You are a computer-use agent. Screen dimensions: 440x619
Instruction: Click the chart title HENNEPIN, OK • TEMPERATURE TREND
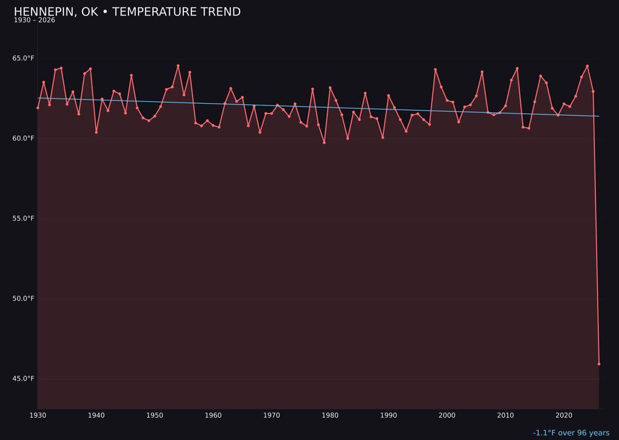pos(127,12)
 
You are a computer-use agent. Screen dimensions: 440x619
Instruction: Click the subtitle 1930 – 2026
pos(34,21)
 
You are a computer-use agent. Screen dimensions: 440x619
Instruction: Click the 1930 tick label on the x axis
pos(38,415)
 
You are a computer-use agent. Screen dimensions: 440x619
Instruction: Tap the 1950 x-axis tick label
pos(155,415)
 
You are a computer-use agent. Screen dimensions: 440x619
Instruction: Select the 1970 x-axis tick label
pos(272,415)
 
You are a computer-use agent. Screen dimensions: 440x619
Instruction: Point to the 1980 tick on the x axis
pos(330,415)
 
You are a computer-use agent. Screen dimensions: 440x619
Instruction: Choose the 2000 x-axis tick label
pos(447,415)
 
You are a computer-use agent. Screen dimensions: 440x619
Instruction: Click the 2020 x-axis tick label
pos(564,415)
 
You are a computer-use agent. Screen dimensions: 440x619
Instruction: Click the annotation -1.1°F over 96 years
pos(571,433)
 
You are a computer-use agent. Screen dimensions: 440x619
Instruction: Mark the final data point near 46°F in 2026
pos(599,364)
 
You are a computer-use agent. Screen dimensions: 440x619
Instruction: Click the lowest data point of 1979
pos(324,143)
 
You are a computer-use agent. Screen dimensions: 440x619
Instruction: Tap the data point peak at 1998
pos(435,69)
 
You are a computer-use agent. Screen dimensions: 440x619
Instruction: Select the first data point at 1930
pos(38,108)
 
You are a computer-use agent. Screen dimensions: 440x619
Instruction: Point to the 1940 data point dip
pos(96,132)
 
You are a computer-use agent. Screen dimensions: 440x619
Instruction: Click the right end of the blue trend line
pos(599,116)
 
